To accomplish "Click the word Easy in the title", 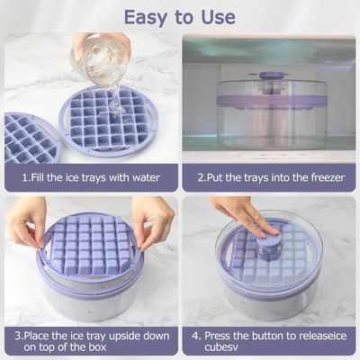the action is [145, 17].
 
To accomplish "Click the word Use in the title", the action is [218, 17].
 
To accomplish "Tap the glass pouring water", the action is [99, 61].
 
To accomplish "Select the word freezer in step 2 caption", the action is [327, 177].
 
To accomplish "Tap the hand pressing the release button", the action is [245, 215].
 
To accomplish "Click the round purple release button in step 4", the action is [269, 241].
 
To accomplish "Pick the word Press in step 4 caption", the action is [217, 336].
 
